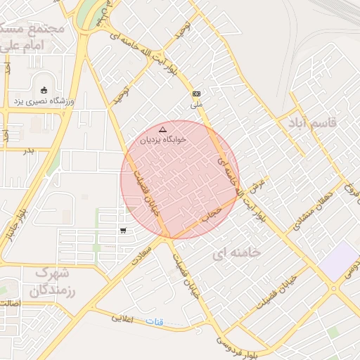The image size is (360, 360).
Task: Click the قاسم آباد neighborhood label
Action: coord(312,123)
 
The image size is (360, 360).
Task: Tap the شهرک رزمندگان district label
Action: coord(53,281)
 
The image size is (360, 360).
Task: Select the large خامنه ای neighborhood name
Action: coord(236,252)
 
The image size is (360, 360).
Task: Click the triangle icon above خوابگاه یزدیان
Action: coord(163,129)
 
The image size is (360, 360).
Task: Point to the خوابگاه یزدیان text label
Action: coord(163,140)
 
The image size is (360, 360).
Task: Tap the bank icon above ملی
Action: coord(196,94)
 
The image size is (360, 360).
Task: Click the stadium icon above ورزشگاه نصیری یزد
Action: coord(45,90)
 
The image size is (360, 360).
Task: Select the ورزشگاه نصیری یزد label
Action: coord(45,101)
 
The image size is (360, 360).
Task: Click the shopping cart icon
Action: coord(123,230)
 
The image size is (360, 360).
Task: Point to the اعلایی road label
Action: coord(127,319)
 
